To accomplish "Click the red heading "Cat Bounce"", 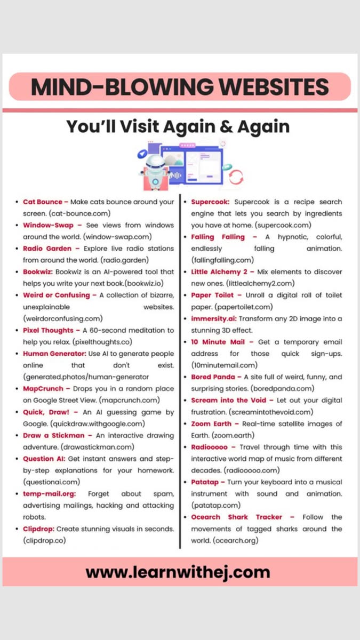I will pos(43,202).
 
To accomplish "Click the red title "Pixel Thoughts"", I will pos(48,331).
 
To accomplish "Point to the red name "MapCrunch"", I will pos(43,388).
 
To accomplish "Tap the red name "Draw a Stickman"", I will pos(54,435).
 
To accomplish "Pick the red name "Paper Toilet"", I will pos(213,295).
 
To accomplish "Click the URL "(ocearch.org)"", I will pos(236,540).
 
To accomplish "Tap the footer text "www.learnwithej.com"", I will pos(178,573).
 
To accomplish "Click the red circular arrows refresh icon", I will pos(236,177).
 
